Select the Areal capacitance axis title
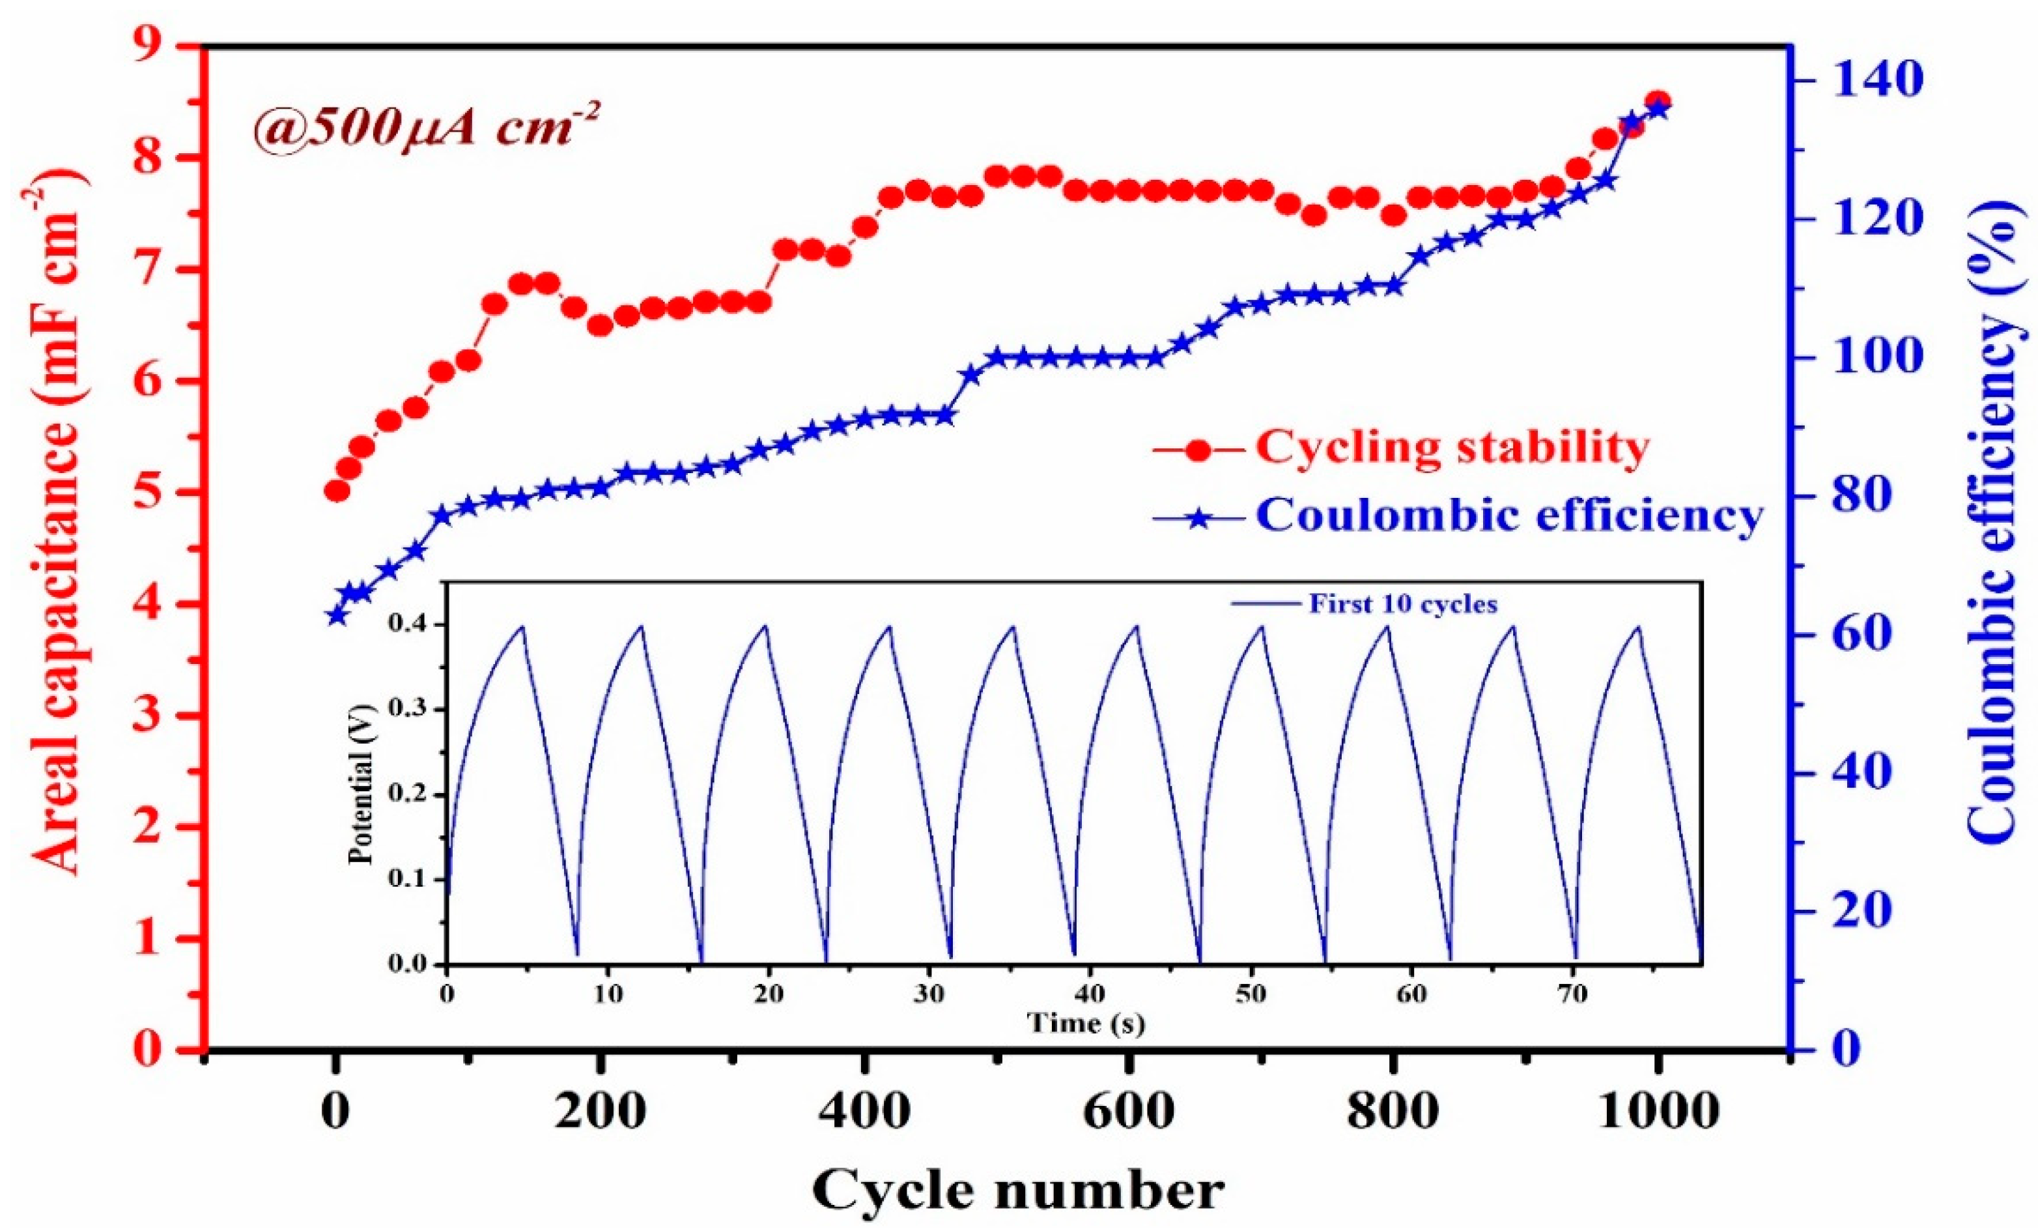pos(58,521)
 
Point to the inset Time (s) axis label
pos(1085,1024)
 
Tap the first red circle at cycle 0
pos(337,491)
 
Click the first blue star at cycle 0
pos(336,616)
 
